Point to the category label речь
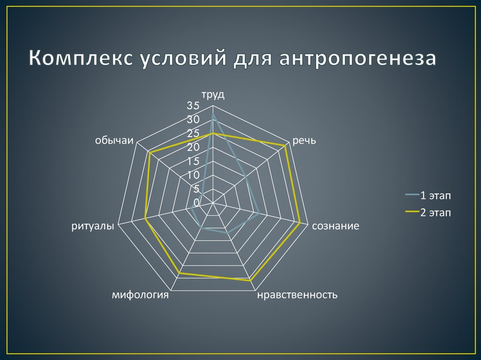pyautogui.click(x=304, y=141)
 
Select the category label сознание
pyautogui.click(x=336, y=226)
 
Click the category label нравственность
pyautogui.click(x=297, y=295)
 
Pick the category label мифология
pyautogui.click(x=140, y=295)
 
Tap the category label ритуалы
pyautogui.click(x=93, y=226)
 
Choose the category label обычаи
pyautogui.click(x=114, y=141)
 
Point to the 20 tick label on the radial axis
pyautogui.click(x=193, y=147)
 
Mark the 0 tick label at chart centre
pyautogui.click(x=196, y=203)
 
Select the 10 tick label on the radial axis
pyautogui.click(x=193, y=175)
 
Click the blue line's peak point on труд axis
pyautogui.click(x=213, y=114)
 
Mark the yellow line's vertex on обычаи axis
pyautogui.click(x=149, y=153)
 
